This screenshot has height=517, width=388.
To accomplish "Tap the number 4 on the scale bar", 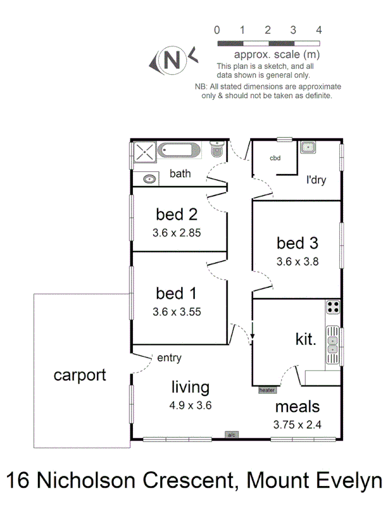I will pyautogui.click(x=318, y=30).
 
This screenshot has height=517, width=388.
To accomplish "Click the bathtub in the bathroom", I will pyautogui.click(x=179, y=151).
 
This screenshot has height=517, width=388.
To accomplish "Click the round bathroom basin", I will pyautogui.click(x=149, y=179).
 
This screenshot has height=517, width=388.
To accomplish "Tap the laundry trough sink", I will pyautogui.click(x=308, y=148).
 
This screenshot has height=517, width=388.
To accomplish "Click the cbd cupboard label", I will pyautogui.click(x=275, y=159).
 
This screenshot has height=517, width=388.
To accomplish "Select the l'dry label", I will pyautogui.click(x=316, y=180).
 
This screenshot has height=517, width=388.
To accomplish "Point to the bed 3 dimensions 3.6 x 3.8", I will pyautogui.click(x=297, y=261).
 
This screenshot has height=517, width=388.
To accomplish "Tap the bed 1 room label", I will pyautogui.click(x=176, y=294).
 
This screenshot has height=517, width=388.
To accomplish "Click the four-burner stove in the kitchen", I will pyautogui.click(x=333, y=307).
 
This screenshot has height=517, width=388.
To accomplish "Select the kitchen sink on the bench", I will pyautogui.click(x=333, y=345).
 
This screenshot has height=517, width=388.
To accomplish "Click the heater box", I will pyautogui.click(x=267, y=390).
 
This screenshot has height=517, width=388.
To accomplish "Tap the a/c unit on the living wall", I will pyautogui.click(x=232, y=434).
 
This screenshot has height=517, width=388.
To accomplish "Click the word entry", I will pyautogui.click(x=169, y=358).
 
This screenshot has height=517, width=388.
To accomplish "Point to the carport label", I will pyautogui.click(x=80, y=375).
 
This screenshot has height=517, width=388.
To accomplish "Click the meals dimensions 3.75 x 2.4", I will pyautogui.click(x=297, y=426).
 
